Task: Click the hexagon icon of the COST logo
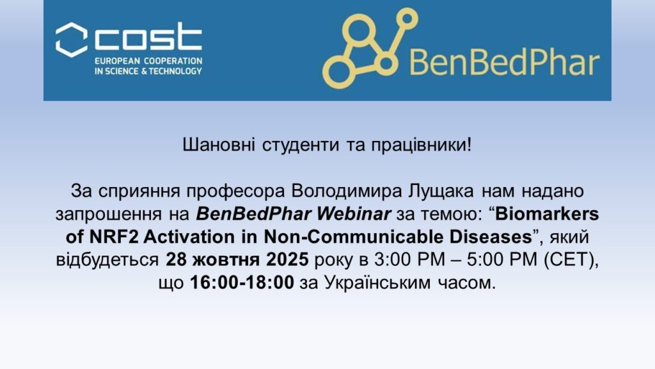coord(72,40)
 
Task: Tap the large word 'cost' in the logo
coord(148,37)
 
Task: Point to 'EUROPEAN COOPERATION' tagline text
coord(148,61)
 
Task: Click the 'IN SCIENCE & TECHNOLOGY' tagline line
coord(148,71)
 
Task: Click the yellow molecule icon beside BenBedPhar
coord(370,47)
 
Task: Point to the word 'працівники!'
coord(422,145)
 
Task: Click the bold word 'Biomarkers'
coord(548,214)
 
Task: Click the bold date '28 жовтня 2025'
coord(237,260)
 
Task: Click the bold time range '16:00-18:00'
coord(242,283)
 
